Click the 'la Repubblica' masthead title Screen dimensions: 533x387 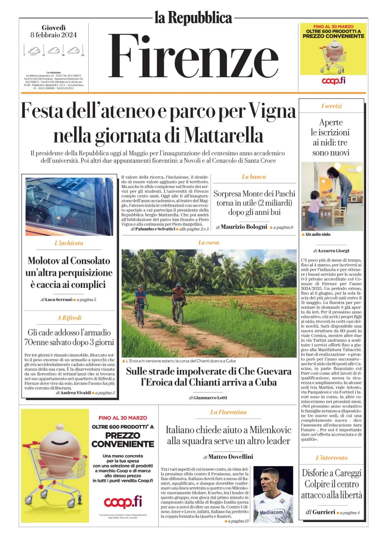click(x=193, y=18)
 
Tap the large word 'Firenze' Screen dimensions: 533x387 click(x=193, y=56)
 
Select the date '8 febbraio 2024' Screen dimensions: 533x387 click(x=54, y=35)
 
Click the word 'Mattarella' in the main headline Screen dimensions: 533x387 click(x=223, y=136)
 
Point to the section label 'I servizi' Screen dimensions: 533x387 click(x=331, y=106)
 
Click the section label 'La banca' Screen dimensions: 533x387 click(x=254, y=177)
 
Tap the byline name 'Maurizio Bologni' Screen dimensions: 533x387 click(x=244, y=227)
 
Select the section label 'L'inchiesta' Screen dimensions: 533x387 click(x=69, y=243)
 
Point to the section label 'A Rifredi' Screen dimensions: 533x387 click(x=69, y=318)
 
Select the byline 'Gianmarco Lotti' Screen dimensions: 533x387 click(x=210, y=398)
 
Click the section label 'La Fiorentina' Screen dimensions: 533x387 click(x=228, y=412)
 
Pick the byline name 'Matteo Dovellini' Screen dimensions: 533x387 click(x=231, y=457)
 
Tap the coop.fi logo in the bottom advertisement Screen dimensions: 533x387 click(x=123, y=502)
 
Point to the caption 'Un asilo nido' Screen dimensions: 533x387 click(x=318, y=235)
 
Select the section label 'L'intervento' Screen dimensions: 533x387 click(x=331, y=458)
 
